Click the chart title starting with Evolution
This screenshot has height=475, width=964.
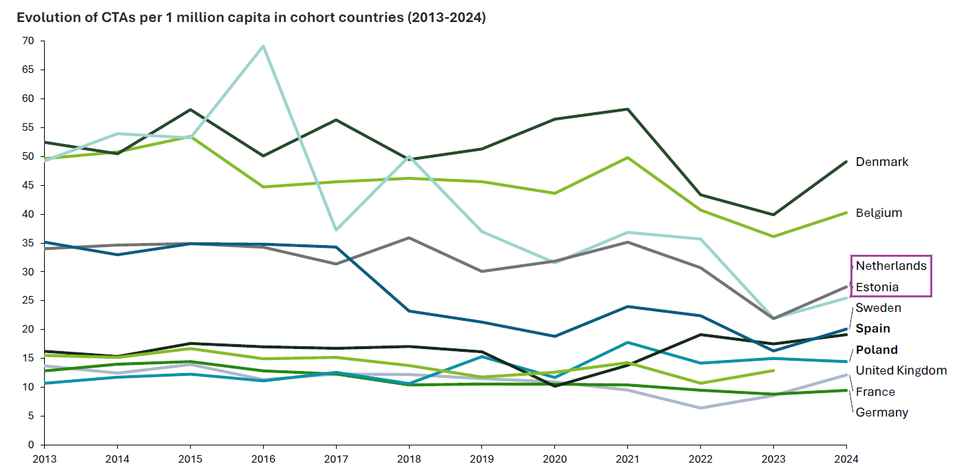[x=251, y=18]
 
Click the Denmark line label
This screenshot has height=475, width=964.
[x=881, y=162]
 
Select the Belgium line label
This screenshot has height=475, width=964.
[x=878, y=213]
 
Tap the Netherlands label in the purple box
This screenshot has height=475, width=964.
[x=891, y=266]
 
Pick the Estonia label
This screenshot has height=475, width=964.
[x=877, y=287]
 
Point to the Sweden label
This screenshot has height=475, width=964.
[x=878, y=308]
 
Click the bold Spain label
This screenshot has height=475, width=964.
[x=872, y=328]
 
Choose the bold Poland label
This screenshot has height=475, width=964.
[x=877, y=350]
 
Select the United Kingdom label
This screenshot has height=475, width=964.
[x=901, y=370]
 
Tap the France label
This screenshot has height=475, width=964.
[x=875, y=392]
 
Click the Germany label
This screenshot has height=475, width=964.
[x=881, y=412]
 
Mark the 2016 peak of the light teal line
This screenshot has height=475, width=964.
[x=262, y=46]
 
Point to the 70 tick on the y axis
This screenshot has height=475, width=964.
[x=28, y=41]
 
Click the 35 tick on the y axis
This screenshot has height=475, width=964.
[x=28, y=243]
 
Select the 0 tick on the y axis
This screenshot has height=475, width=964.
[x=31, y=445]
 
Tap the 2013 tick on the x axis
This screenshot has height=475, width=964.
[x=44, y=458]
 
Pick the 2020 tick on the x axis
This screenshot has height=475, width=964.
[x=554, y=458]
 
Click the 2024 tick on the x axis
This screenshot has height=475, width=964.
[x=846, y=458]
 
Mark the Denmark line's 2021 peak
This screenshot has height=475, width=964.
[x=627, y=109]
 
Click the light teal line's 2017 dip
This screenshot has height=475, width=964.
[x=335, y=230]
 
